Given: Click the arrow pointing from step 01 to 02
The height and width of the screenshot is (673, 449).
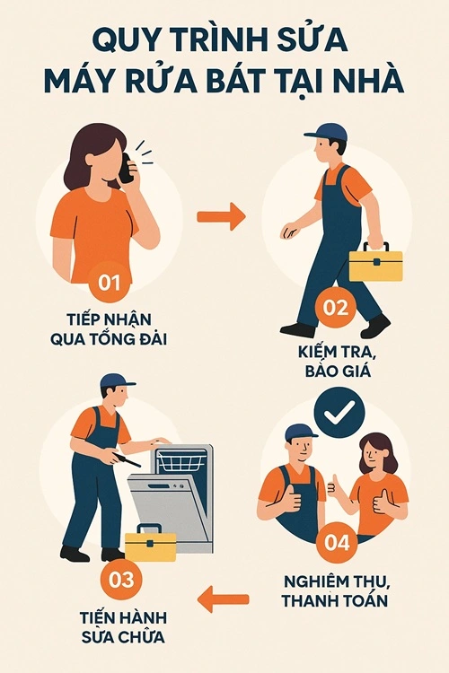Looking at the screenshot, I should click(x=221, y=215).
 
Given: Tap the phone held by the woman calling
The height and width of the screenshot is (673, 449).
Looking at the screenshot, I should click(x=128, y=170).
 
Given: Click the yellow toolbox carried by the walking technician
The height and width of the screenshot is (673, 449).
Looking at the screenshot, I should click(x=374, y=263).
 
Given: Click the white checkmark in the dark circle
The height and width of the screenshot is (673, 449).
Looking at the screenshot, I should click(x=339, y=412).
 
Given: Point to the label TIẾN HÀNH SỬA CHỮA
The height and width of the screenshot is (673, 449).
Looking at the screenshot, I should click(x=126, y=628).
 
